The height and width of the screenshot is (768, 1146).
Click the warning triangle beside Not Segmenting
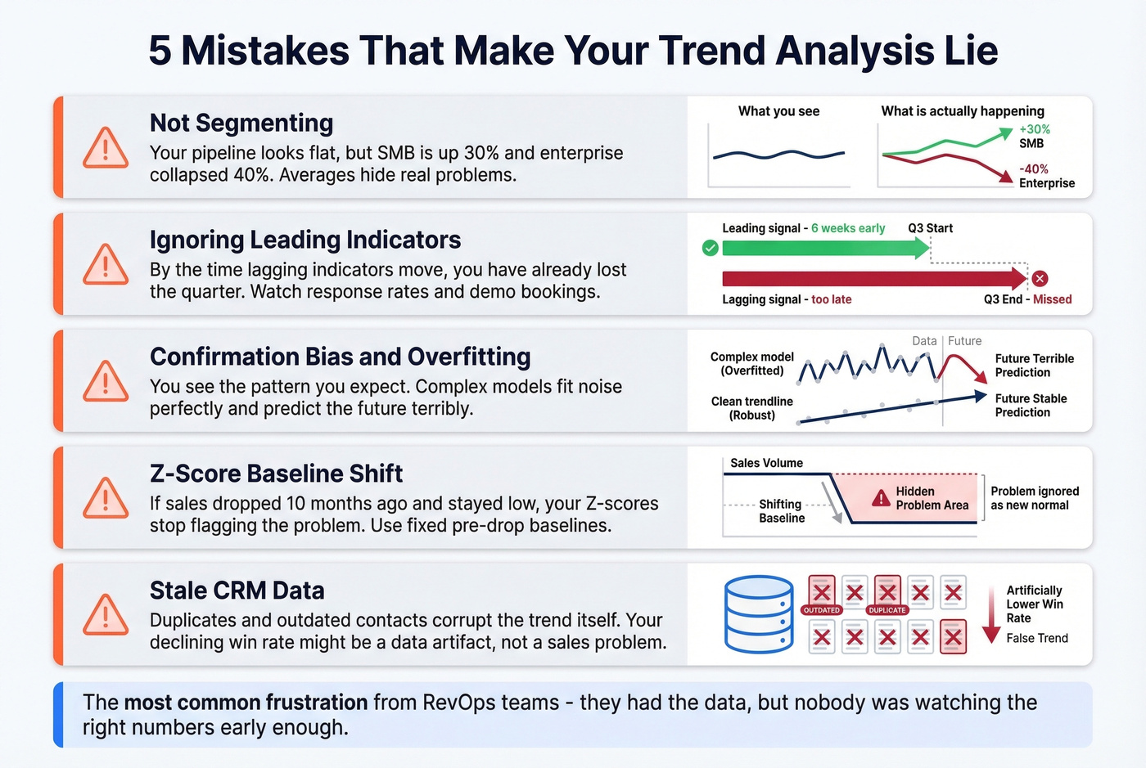106,148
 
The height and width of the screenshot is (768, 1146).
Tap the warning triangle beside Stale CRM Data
106,615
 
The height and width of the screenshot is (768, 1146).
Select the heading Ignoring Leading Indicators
305,240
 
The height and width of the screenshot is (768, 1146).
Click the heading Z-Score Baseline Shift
276,474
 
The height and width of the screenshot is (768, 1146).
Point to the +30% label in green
1035,129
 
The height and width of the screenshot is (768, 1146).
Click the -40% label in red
1034,169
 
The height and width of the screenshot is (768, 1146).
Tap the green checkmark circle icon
711,248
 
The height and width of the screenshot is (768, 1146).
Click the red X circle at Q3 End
1040,279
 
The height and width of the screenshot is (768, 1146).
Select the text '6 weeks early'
848,228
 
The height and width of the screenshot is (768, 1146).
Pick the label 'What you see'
778,111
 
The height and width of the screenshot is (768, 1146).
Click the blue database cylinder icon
759,614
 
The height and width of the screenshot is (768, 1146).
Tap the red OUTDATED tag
821,610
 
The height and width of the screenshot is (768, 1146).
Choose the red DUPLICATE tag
887,610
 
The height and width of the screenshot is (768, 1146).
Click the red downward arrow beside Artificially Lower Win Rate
991,615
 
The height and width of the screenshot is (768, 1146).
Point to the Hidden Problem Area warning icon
881,497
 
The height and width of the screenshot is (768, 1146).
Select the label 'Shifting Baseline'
781,511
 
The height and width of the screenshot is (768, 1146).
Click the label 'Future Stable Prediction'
1031,406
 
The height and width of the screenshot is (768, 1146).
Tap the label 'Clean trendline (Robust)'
751,408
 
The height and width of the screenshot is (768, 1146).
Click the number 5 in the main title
160,51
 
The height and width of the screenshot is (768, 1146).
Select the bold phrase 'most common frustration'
246,703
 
